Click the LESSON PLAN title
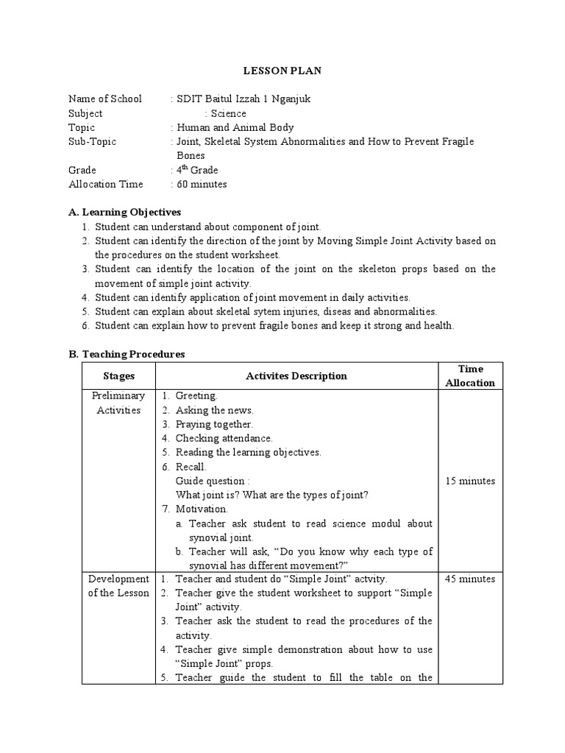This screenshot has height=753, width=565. pos(282,71)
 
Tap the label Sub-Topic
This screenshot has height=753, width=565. pos(92,141)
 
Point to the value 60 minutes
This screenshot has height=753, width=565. pos(202,184)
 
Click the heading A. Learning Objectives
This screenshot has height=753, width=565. pos(124,212)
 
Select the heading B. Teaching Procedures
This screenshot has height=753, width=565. pos(127,354)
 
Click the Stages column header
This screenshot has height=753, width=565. pos(118,376)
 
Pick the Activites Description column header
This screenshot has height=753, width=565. pos(296,376)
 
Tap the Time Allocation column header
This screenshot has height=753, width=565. pos(470,375)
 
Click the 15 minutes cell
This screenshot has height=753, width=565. pos(470,481)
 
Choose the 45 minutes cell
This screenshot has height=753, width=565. pos(470,579)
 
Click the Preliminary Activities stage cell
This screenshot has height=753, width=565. pos(118,403)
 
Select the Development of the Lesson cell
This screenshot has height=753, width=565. pos(118,586)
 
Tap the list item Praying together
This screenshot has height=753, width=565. pos(213,424)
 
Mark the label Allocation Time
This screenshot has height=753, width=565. pos(106,184)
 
